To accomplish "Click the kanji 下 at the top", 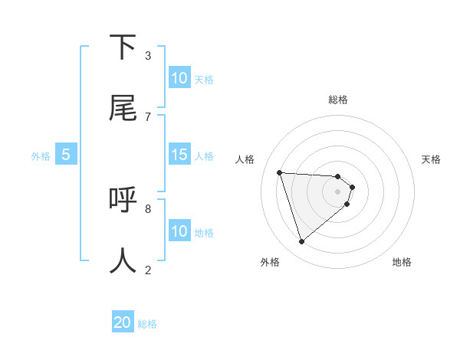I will pyautogui.click(x=123, y=47).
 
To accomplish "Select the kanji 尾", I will pyautogui.click(x=123, y=108).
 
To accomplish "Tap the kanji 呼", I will pyautogui.click(x=123, y=200).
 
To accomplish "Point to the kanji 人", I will pyautogui.click(x=123, y=261).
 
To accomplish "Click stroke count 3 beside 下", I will pyautogui.click(x=148, y=56).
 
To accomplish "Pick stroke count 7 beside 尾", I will pyautogui.click(x=148, y=116).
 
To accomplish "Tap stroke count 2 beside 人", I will pyautogui.click(x=148, y=270).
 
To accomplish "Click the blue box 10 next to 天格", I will pyautogui.click(x=179, y=78).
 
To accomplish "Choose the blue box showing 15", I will pyautogui.click(x=179, y=155).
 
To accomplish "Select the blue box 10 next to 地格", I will pyautogui.click(x=179, y=231).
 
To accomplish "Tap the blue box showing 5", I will pyautogui.click(x=66, y=155).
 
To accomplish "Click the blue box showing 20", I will pyautogui.click(x=123, y=322).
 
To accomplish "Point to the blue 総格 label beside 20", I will pyautogui.click(x=147, y=324).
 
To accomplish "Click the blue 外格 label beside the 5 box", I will pyautogui.click(x=41, y=156).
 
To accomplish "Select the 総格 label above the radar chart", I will pyautogui.click(x=338, y=100).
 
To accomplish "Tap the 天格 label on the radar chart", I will pyautogui.click(x=432, y=159).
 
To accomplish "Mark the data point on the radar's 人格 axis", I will pyautogui.click(x=280, y=172).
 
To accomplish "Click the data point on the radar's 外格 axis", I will pyautogui.click(x=301, y=242).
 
